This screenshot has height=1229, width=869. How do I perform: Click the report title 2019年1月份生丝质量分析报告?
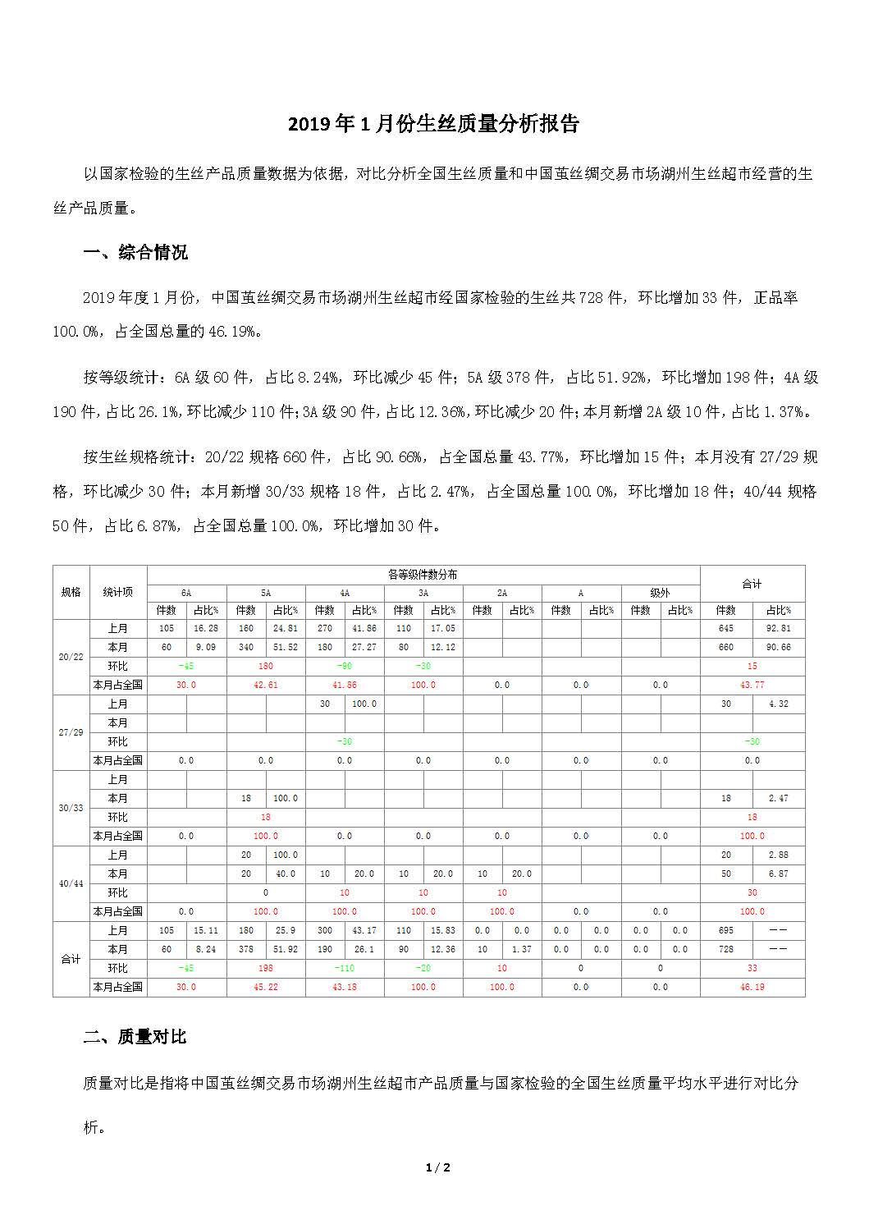pyautogui.click(x=434, y=124)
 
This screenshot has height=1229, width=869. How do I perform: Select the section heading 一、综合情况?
pyautogui.click(x=135, y=252)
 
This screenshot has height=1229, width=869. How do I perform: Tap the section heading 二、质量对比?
pyautogui.click(x=135, y=1037)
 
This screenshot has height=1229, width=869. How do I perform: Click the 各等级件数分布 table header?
pyautogui.click(x=423, y=575)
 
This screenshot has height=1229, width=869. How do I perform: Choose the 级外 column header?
pyautogui.click(x=660, y=593)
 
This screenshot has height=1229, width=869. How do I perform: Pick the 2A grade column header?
pyautogui.click(x=502, y=593)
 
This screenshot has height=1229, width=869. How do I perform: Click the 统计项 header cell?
pyautogui.click(x=118, y=592)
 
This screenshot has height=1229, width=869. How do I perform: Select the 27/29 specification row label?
pyautogui.click(x=71, y=732)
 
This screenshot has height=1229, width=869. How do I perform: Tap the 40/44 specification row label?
pyautogui.click(x=71, y=883)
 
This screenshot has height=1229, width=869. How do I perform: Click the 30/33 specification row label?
pyautogui.click(x=71, y=808)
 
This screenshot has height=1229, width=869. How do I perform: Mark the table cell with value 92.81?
pyautogui.click(x=778, y=628)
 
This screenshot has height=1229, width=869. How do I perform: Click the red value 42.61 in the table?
pyautogui.click(x=266, y=685)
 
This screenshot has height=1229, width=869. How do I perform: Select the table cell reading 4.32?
pyautogui.click(x=778, y=704)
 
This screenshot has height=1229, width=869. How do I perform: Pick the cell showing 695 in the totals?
pyautogui.click(x=725, y=930)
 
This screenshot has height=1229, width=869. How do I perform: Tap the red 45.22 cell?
pyautogui.click(x=266, y=987)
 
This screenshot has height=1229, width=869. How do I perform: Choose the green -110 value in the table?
pyautogui.click(x=345, y=968)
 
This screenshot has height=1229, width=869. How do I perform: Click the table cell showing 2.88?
pyautogui.click(x=778, y=855)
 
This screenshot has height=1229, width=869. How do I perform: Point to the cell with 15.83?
pyautogui.click(x=442, y=930)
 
